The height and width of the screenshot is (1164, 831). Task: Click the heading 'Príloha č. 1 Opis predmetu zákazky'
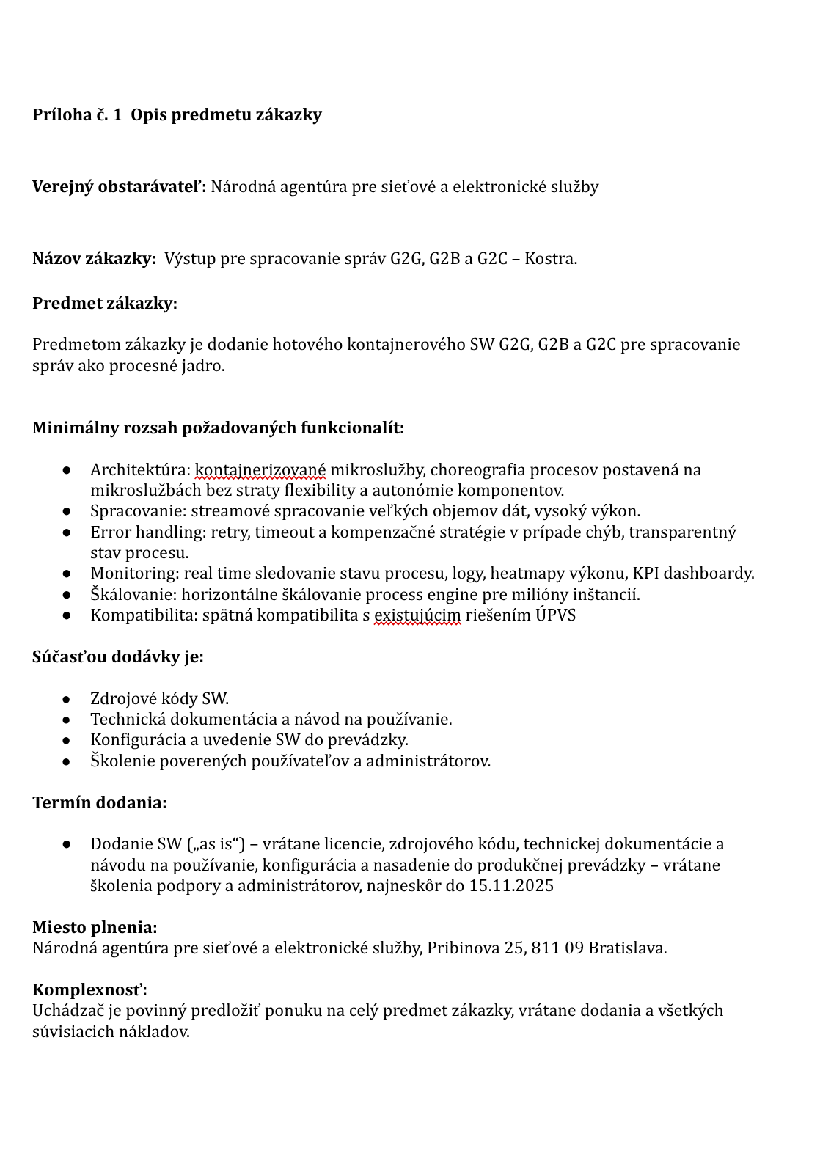coord(177,115)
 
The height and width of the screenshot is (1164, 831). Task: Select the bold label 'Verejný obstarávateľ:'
coord(120,187)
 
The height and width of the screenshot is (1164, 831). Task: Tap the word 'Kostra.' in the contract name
coord(551,259)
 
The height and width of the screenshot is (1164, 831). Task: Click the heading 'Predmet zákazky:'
coord(105,304)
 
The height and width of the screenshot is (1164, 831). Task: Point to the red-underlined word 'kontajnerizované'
coord(260,470)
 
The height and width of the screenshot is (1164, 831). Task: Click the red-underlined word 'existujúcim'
coord(417,615)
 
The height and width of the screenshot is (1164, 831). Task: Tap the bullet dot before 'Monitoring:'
coord(67,574)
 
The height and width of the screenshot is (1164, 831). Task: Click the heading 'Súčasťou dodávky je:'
coord(118,657)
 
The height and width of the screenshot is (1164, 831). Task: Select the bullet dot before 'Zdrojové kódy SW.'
coord(67,699)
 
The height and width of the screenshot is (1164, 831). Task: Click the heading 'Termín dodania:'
coord(100,803)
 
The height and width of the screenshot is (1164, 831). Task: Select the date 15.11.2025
coord(511,886)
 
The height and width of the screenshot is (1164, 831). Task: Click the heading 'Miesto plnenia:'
coord(95,928)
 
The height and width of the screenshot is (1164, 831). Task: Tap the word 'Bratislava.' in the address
coord(628,948)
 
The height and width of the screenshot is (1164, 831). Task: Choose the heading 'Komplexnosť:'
coord(90,990)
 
